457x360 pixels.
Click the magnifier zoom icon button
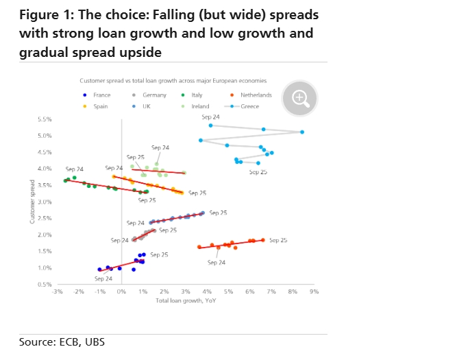coord(299,97)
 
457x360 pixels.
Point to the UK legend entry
coord(145,106)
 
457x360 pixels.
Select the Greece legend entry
coord(248,106)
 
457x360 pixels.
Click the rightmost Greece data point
coord(302,132)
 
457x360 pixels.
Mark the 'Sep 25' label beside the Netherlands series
coord(278,241)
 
